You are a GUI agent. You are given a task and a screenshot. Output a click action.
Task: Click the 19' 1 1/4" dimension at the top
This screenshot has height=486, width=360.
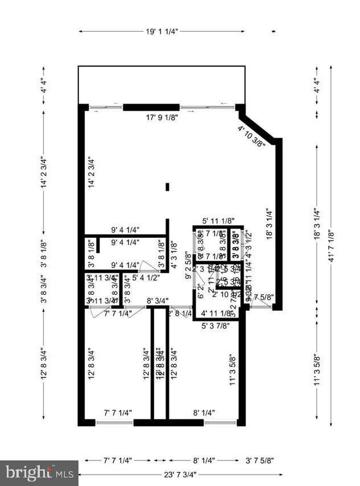point(162,32)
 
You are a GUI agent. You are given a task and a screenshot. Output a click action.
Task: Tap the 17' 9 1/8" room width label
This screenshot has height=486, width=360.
point(162,118)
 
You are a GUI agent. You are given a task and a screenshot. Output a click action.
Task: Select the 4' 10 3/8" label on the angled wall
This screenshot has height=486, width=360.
point(251,137)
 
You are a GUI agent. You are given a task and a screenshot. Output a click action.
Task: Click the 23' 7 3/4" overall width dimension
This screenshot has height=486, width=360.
point(178,475)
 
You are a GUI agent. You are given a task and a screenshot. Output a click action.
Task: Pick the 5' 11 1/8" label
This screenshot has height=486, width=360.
point(219,221)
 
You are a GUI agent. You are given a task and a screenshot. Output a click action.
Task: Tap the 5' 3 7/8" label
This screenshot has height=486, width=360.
point(216,326)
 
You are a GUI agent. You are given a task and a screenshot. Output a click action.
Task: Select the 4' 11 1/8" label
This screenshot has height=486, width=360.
point(216,314)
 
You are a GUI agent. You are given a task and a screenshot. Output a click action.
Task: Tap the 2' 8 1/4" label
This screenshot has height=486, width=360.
point(180,314)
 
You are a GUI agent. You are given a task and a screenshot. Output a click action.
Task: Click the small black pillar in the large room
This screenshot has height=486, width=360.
point(167,186)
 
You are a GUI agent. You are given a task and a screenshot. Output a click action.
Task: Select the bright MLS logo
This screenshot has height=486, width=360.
point(39,472)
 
